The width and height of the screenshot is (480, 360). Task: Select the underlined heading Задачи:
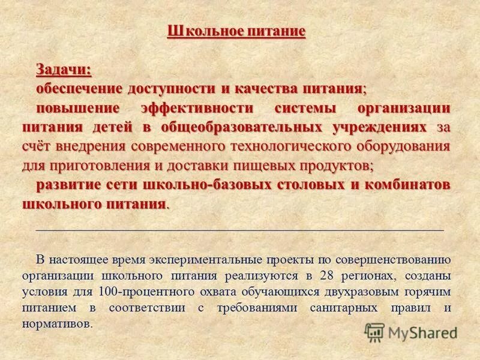[64, 69]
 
